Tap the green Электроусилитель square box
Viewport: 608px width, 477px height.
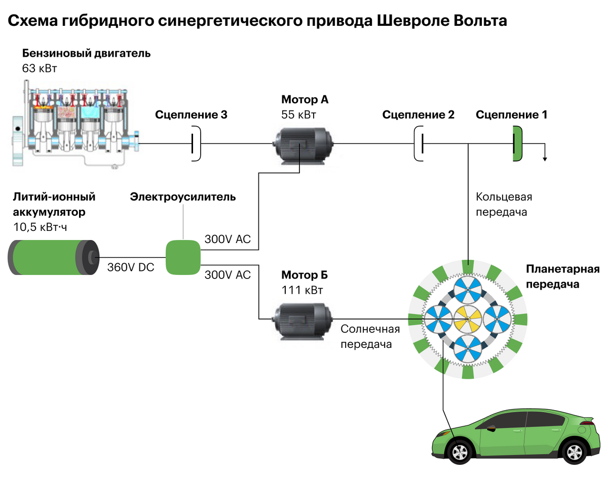[183, 257]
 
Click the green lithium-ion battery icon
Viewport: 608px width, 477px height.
[53, 257]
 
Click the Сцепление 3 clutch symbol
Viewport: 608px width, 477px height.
[195, 144]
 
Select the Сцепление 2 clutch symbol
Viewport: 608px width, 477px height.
[420, 144]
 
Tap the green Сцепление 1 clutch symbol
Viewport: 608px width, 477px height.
[517, 144]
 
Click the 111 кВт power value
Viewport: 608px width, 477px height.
[302, 290]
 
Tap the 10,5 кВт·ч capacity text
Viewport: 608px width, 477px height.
[40, 227]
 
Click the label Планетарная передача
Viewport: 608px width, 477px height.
[562, 276]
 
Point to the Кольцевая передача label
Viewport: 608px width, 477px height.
[504, 204]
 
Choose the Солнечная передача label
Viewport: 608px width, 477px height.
[370, 337]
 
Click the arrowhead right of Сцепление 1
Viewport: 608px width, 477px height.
[545, 159]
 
